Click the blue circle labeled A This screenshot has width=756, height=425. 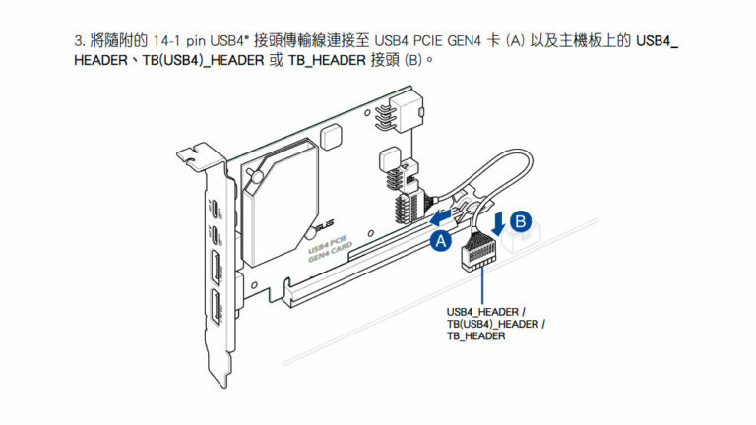tap(440, 239)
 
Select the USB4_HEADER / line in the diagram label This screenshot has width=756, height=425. tap(485, 312)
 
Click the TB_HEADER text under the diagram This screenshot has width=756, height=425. tap(475, 336)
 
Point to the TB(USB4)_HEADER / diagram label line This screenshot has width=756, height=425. tap(495, 324)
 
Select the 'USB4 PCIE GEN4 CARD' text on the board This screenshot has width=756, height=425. tap(330, 243)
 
